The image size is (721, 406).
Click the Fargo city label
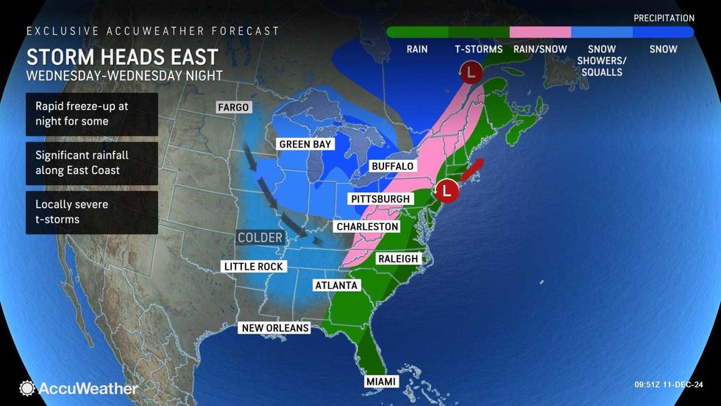(x=234, y=108)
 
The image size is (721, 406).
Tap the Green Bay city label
(x=305, y=144)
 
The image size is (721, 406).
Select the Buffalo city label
(x=392, y=167)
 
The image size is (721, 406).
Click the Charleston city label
(x=367, y=227)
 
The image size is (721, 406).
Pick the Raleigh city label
(x=397, y=259)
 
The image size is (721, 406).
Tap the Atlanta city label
(x=335, y=285)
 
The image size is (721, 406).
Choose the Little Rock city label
(x=252, y=267)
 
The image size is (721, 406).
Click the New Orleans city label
(x=274, y=327)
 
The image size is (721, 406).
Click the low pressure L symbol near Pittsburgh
(x=447, y=191)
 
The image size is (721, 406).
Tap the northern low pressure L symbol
(x=470, y=72)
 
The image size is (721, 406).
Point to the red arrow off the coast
(x=472, y=169)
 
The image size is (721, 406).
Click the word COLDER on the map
(x=260, y=237)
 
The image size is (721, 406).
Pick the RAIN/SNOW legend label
(x=541, y=49)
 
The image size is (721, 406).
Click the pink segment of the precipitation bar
(x=541, y=32)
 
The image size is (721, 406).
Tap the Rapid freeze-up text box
(x=91, y=113)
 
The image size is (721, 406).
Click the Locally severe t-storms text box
(x=91, y=212)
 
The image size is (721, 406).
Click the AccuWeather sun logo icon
(x=27, y=388)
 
